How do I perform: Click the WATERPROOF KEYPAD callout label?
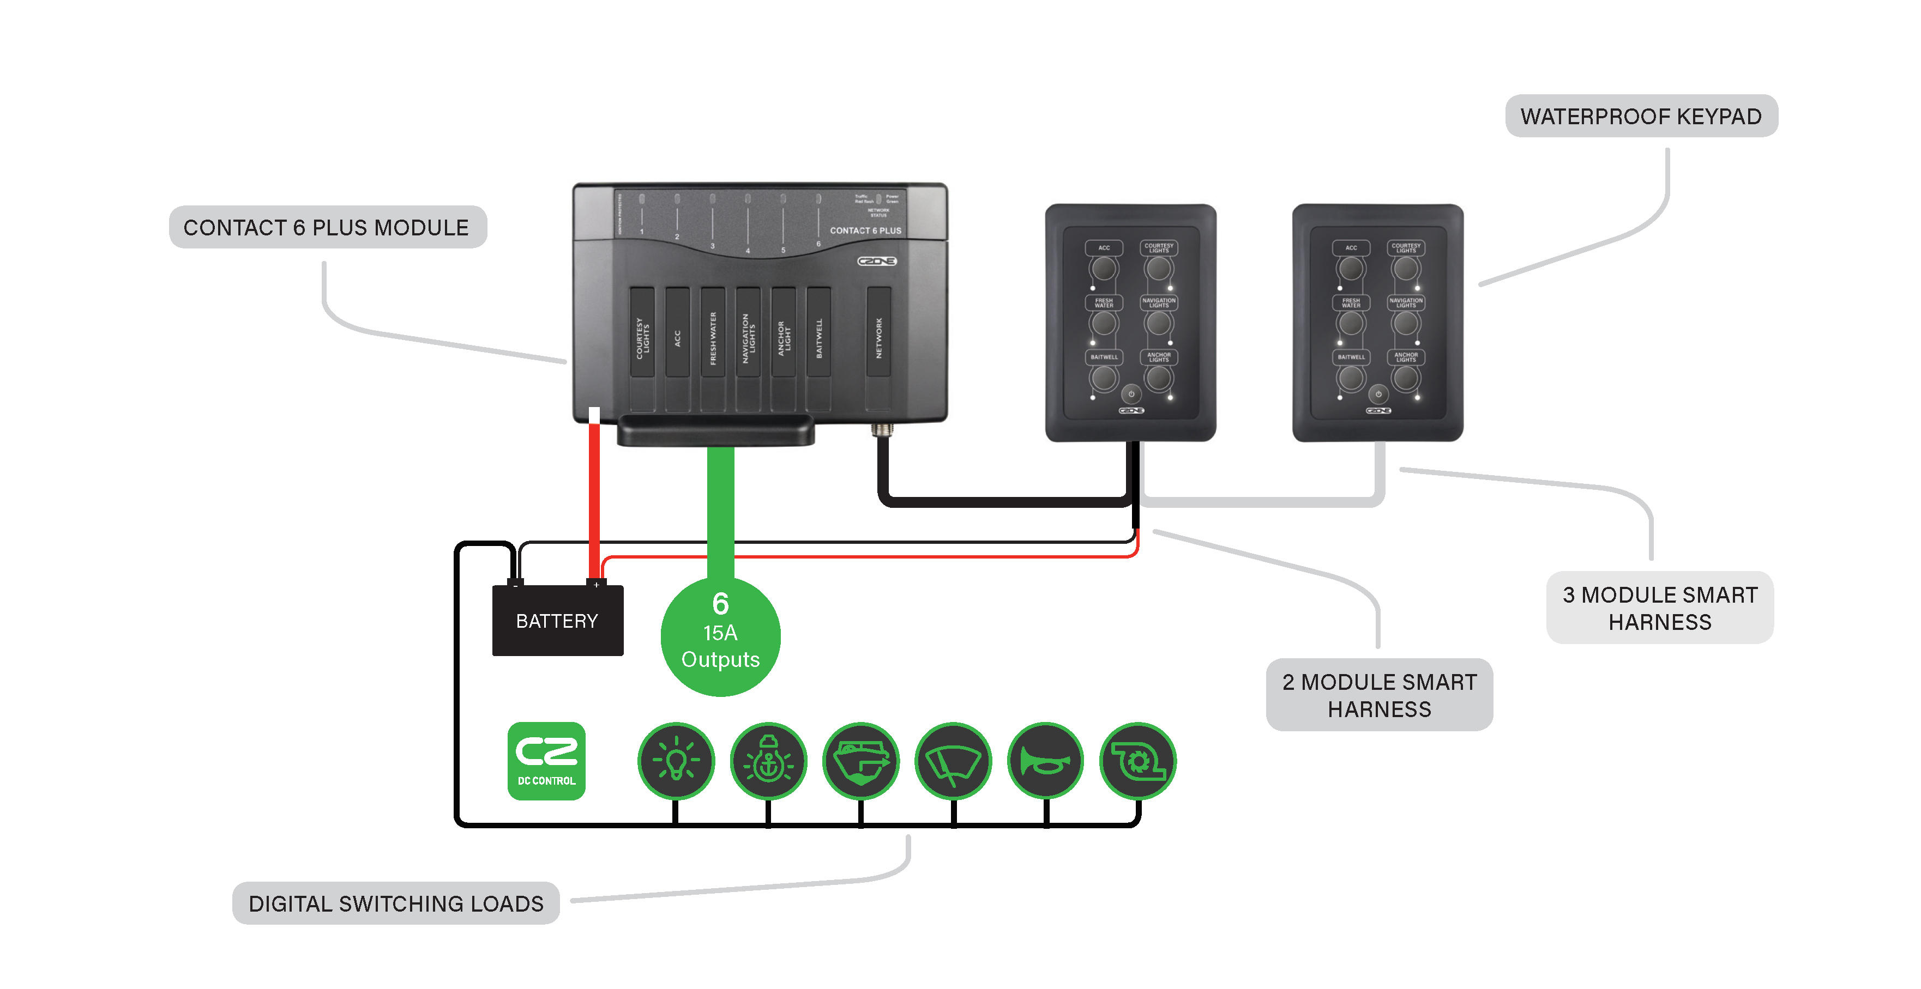(1641, 116)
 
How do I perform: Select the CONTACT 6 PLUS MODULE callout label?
(327, 227)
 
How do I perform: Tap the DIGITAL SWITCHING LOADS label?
(396, 903)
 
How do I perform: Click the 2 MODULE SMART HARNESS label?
(1379, 695)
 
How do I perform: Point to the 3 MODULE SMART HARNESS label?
(1659, 608)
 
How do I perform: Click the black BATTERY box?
(557, 621)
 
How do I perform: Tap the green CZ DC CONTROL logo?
(546, 761)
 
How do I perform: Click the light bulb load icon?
(676, 761)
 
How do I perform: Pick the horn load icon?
(1045, 761)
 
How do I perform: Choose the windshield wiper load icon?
(953, 761)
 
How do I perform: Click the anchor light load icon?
(768, 761)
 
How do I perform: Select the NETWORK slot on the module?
(878, 339)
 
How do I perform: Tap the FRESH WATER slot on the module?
(713, 339)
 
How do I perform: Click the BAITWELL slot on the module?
(819, 339)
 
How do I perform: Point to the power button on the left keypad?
(1131, 393)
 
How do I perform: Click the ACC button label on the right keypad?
(1351, 248)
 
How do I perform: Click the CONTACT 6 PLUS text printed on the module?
(865, 231)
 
